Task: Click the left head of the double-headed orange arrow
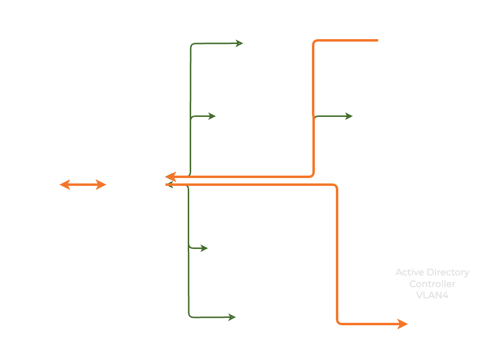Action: [x=65, y=185]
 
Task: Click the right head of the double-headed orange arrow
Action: [x=101, y=185]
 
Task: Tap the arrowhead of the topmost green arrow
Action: [x=240, y=44]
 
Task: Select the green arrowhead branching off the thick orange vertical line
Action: [x=349, y=116]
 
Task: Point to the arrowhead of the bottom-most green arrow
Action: [x=232, y=317]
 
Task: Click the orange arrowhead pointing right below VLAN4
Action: [x=403, y=324]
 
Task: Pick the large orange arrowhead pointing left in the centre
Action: [x=171, y=177]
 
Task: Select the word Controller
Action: [x=432, y=284]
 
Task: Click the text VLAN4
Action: [x=432, y=295]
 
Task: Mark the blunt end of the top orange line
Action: [x=377, y=40]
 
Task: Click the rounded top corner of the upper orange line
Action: [x=315, y=42]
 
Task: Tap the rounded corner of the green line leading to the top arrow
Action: [x=192, y=45]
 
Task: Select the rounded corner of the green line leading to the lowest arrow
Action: [x=190, y=316]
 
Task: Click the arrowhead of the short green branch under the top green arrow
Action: [x=212, y=116]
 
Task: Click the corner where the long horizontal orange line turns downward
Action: [x=335, y=186]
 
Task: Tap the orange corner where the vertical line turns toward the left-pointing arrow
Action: [x=312, y=175]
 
